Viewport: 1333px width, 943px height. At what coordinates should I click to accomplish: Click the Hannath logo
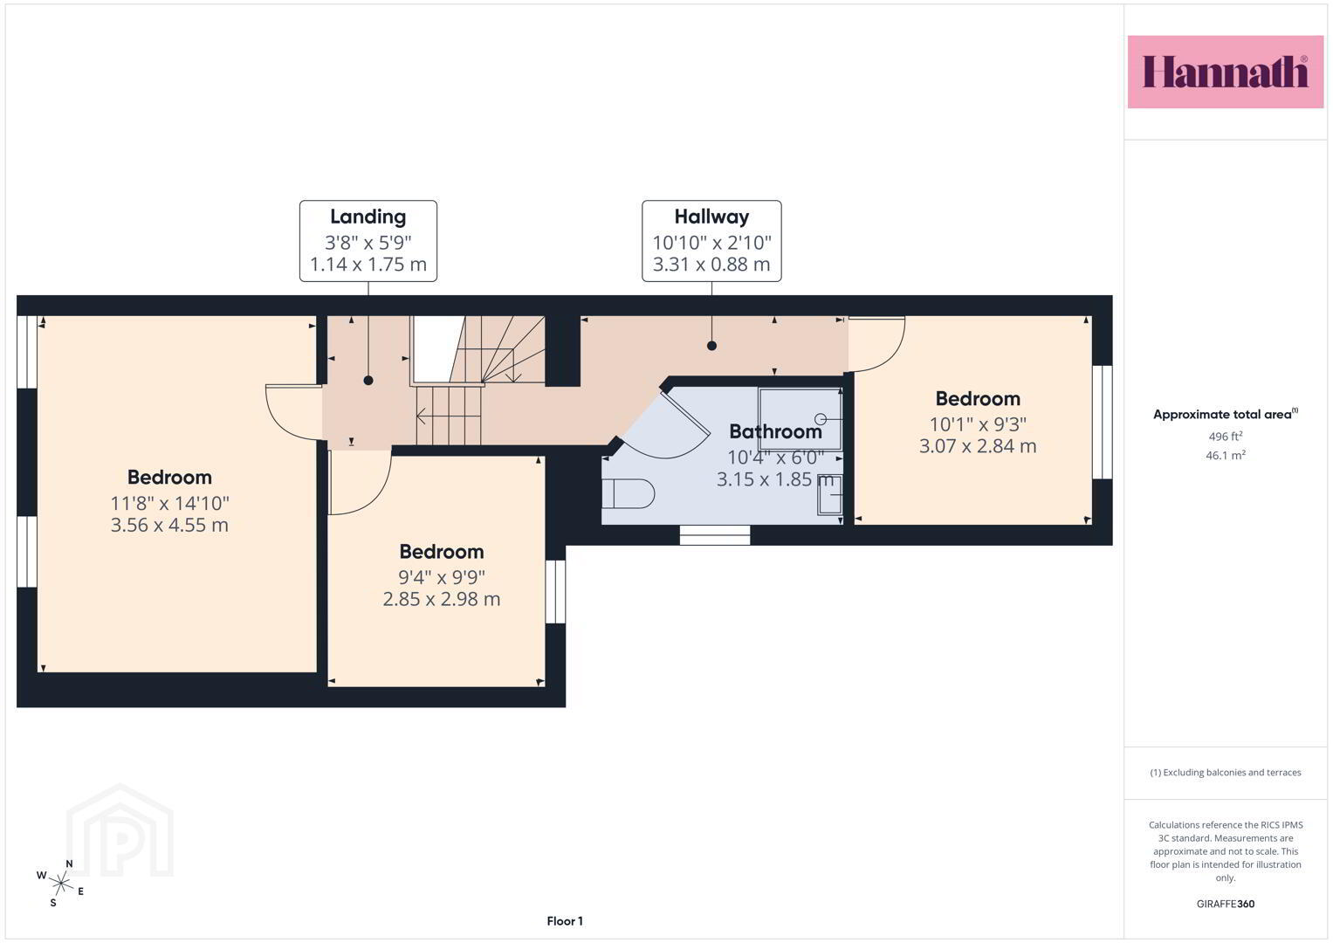pyautogui.click(x=1226, y=72)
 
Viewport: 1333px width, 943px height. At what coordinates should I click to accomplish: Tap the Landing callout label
pyautogui.click(x=368, y=240)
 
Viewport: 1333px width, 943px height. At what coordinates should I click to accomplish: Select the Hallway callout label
pyautogui.click(x=711, y=240)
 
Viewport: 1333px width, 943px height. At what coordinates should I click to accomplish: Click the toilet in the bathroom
pyautogui.click(x=628, y=493)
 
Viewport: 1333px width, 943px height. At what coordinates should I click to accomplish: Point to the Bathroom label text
pyautogui.click(x=775, y=431)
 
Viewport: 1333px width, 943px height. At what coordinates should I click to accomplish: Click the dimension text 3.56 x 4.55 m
pyautogui.click(x=169, y=525)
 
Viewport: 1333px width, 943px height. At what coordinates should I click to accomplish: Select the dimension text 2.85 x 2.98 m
pyautogui.click(x=442, y=599)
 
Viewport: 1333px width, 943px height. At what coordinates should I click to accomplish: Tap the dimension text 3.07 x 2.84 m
pyautogui.click(x=978, y=446)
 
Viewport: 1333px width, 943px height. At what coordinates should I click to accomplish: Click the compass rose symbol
pyautogui.click(x=61, y=884)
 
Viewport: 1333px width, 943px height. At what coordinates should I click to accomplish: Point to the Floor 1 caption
pyautogui.click(x=565, y=921)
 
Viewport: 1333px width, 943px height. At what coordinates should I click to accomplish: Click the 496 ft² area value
pyautogui.click(x=1226, y=437)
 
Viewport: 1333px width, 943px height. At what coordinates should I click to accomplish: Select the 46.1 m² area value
pyautogui.click(x=1226, y=456)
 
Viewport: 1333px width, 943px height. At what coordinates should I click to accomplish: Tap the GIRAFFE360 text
pyautogui.click(x=1226, y=904)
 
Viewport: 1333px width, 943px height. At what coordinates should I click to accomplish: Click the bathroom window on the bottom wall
pyautogui.click(x=715, y=535)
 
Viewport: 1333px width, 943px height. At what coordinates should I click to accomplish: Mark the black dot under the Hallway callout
pyautogui.click(x=711, y=345)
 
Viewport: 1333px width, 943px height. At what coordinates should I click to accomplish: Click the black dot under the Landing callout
pyautogui.click(x=368, y=381)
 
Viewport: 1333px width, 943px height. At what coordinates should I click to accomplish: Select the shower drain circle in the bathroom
pyautogui.click(x=821, y=418)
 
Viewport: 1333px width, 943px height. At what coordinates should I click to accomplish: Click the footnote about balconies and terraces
pyautogui.click(x=1226, y=773)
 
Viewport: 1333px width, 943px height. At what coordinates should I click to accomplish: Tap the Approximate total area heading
pyautogui.click(x=1226, y=415)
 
